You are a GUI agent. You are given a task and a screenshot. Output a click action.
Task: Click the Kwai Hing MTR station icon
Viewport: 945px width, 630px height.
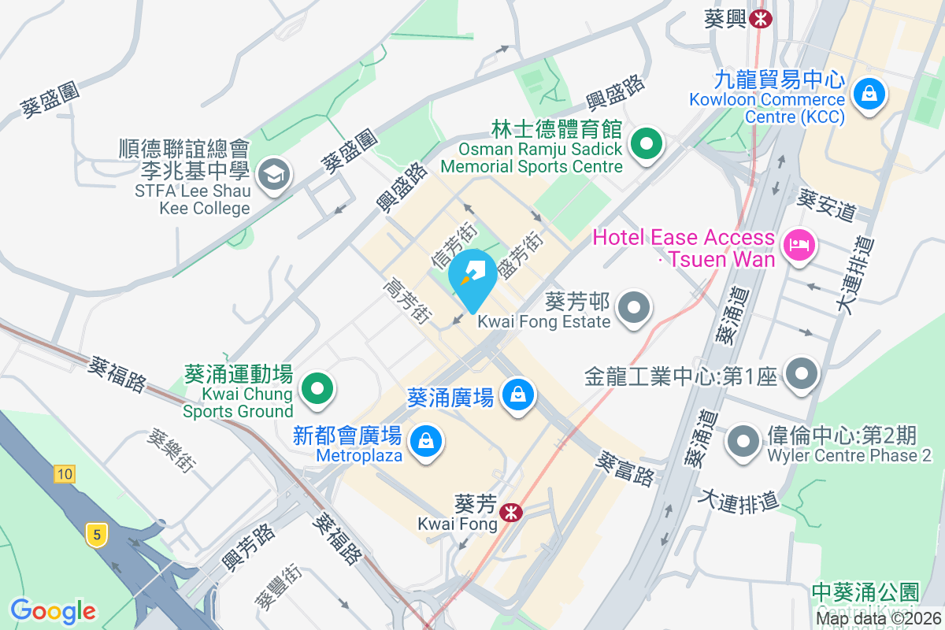[x=761, y=19]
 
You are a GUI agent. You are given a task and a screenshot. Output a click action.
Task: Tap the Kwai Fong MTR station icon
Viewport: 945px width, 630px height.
[x=511, y=513]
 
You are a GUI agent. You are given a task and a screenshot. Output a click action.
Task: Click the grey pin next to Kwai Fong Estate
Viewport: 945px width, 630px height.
[x=634, y=308]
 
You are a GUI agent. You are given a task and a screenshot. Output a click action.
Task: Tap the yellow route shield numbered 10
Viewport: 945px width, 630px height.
[x=65, y=474]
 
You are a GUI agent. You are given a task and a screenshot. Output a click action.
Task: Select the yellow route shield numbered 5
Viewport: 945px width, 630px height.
[x=97, y=535]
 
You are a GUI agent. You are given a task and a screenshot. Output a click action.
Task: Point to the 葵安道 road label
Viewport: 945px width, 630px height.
[x=826, y=200]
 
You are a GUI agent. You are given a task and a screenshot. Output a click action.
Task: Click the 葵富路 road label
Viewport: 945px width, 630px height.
[x=627, y=468]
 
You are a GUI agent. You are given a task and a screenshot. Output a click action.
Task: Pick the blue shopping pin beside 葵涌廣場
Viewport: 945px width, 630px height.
[x=518, y=393]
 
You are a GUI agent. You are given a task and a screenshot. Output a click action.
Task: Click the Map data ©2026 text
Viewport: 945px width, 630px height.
[x=878, y=618]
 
